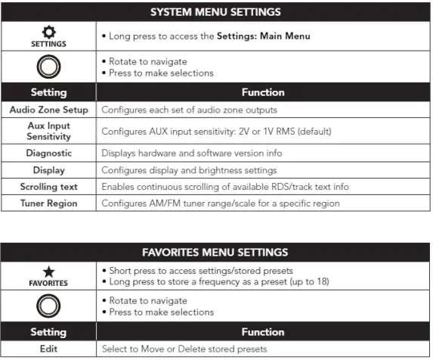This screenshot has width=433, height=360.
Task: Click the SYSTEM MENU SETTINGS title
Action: [216, 12]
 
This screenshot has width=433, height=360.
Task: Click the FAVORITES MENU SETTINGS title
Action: [216, 251]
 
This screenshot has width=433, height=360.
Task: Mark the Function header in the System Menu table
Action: [263, 92]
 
